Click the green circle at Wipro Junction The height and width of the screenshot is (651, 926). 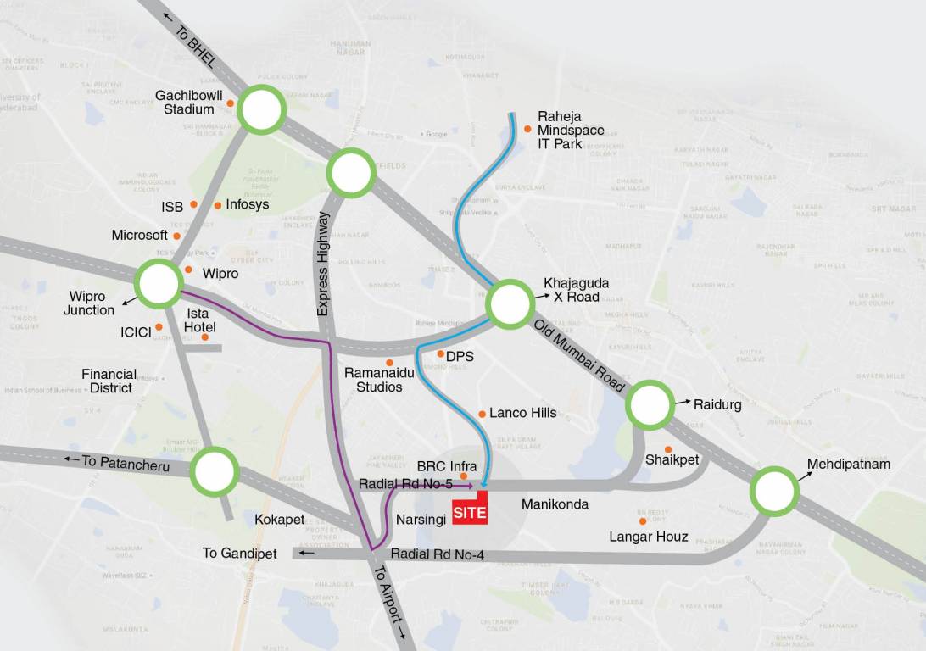(x=159, y=284)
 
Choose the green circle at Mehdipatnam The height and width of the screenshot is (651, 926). (x=773, y=491)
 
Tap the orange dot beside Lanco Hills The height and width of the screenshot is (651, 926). (x=482, y=414)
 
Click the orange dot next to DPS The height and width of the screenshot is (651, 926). (x=440, y=353)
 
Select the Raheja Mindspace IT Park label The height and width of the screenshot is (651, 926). (x=571, y=131)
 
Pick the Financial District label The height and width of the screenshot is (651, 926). (x=109, y=381)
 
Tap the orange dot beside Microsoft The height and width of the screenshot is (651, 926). (x=176, y=236)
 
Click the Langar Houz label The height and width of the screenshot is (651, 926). (x=649, y=537)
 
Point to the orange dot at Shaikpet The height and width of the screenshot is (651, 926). (x=668, y=449)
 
